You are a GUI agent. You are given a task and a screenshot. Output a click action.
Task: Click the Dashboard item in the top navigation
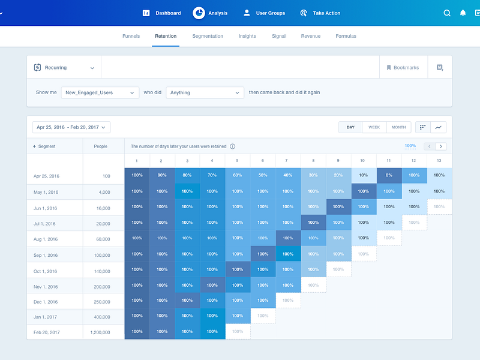[x=161, y=13]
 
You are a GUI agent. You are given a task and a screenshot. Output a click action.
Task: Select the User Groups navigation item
[x=264, y=13]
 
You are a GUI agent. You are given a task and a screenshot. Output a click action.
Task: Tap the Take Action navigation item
[x=320, y=13]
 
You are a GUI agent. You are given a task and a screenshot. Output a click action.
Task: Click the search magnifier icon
[x=447, y=13]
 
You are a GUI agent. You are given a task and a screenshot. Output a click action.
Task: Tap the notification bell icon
[x=463, y=13]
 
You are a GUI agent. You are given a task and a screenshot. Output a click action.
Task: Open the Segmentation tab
[x=208, y=36]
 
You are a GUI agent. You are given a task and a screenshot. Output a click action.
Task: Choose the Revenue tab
[x=310, y=36]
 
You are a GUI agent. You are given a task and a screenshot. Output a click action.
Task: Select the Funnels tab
[x=131, y=36]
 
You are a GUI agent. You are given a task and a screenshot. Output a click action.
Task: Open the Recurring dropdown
[x=64, y=68]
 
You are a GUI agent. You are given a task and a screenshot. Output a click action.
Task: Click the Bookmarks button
[x=403, y=68]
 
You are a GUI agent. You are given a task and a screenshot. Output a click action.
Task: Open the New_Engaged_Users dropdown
[x=100, y=92]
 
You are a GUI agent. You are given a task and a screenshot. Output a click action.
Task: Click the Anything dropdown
[x=204, y=92]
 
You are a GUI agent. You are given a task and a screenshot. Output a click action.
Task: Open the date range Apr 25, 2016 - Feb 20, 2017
[x=71, y=127]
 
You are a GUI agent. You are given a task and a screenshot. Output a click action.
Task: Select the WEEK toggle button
[x=374, y=127]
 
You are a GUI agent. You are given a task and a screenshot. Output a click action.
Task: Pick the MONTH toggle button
[x=398, y=127]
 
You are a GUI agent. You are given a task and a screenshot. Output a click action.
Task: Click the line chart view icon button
[x=439, y=127]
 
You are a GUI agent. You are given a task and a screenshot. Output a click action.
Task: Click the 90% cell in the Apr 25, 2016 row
[x=162, y=175]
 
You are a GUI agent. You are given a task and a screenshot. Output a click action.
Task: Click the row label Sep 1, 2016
[x=46, y=254]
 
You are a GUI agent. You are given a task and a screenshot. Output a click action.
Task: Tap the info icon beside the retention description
[x=233, y=146]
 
